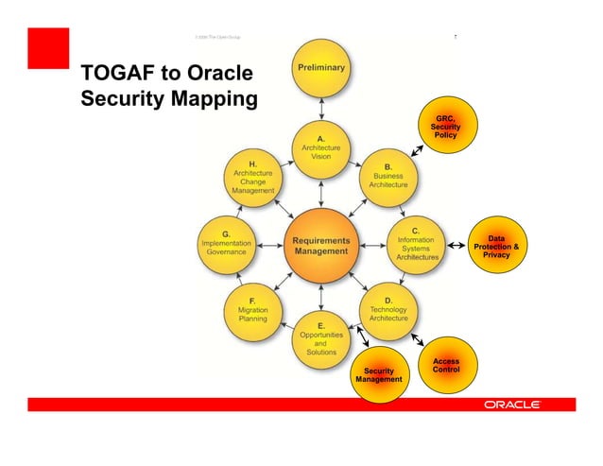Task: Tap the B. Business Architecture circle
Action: (388, 176)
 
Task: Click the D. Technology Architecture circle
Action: (388, 310)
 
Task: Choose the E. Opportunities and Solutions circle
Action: (321, 337)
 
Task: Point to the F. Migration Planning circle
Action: (252, 310)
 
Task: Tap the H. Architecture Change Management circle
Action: (252, 176)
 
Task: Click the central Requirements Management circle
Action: (321, 245)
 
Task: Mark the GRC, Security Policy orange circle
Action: (445, 127)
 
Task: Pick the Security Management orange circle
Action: (378, 375)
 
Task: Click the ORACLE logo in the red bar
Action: (511, 405)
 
